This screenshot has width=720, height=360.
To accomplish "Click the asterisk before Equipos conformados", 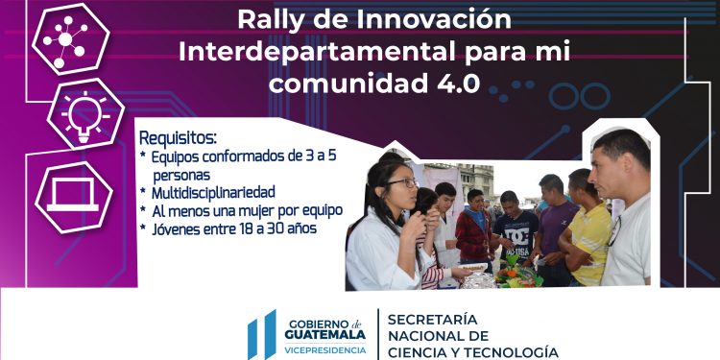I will tap(143, 156).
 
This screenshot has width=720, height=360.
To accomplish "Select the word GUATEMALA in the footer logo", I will tap(324, 335).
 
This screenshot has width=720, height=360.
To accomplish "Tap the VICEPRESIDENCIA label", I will tap(324, 350).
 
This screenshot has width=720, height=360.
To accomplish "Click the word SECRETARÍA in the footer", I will tap(436, 319).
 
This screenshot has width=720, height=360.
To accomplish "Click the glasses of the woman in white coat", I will tap(403, 181).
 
